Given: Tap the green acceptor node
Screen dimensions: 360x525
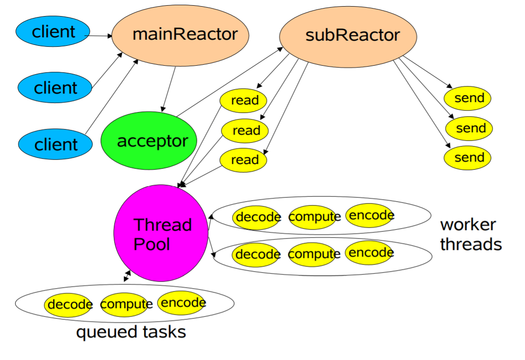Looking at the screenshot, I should click(x=149, y=141).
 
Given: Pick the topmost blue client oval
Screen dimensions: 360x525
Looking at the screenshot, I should click(x=53, y=32).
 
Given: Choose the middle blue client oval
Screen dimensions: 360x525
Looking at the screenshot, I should click(x=55, y=88).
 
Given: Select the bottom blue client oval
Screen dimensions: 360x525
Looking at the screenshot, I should click(x=55, y=144).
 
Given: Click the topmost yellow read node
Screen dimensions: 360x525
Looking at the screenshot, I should click(x=244, y=100).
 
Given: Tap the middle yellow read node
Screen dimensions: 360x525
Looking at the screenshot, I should click(x=245, y=130).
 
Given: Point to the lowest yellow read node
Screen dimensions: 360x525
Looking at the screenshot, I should click(x=244, y=160).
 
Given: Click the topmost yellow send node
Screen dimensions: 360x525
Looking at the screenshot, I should click(x=468, y=98).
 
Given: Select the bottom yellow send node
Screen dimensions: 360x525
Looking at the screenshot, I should click(x=468, y=157).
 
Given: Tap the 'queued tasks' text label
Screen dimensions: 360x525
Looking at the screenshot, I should click(x=131, y=332).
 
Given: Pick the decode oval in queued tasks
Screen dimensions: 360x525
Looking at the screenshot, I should click(x=68, y=305).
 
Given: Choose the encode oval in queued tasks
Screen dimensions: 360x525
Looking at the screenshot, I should click(x=181, y=303).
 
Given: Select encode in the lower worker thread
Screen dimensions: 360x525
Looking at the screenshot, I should click(x=370, y=253).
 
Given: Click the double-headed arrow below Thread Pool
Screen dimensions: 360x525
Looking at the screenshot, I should click(x=127, y=276).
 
